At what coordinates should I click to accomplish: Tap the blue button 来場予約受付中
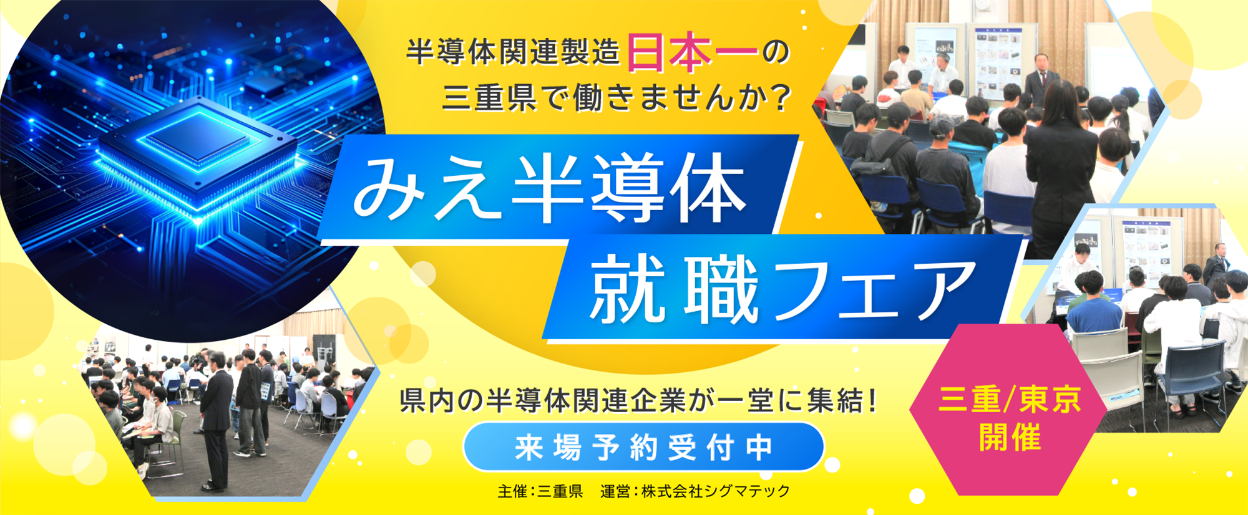(x=643, y=447)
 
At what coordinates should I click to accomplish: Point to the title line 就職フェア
(x=782, y=291)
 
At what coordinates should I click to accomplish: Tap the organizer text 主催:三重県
(x=540, y=491)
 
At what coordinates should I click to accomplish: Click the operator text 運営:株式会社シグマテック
(x=695, y=491)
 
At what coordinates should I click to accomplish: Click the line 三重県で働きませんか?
(x=618, y=97)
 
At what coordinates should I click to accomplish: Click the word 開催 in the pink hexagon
(x=1009, y=437)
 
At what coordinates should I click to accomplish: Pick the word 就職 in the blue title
(x=674, y=291)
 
